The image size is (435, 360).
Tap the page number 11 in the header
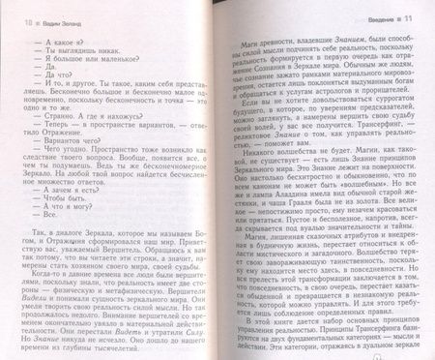coord(419,10)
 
